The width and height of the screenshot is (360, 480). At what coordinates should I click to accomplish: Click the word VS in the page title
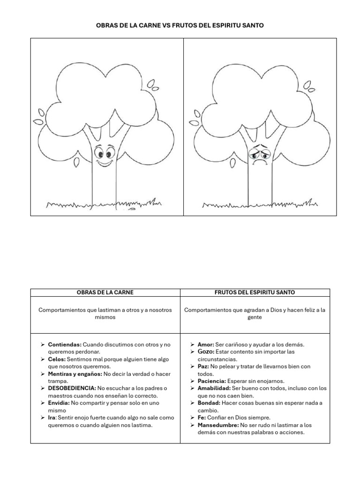pyautogui.click(x=167, y=25)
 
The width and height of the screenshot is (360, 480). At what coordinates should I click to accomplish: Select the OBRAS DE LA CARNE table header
pyautogui.click(x=105, y=292)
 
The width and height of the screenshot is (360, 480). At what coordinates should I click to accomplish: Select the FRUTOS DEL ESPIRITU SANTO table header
pyautogui.click(x=255, y=292)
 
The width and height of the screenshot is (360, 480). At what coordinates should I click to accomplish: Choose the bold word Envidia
pyautogui.click(x=59, y=403)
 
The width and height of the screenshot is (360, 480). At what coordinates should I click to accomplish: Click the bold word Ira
pyautogui.click(x=52, y=417)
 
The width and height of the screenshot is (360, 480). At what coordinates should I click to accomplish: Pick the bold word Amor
pyautogui.click(x=205, y=344)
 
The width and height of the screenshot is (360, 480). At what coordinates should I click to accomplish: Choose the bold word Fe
pyautogui.click(x=201, y=417)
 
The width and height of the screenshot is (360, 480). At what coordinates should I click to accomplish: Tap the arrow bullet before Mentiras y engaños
pyautogui.click(x=42, y=374)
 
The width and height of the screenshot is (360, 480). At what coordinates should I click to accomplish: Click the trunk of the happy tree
pyautogui.click(x=104, y=187)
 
